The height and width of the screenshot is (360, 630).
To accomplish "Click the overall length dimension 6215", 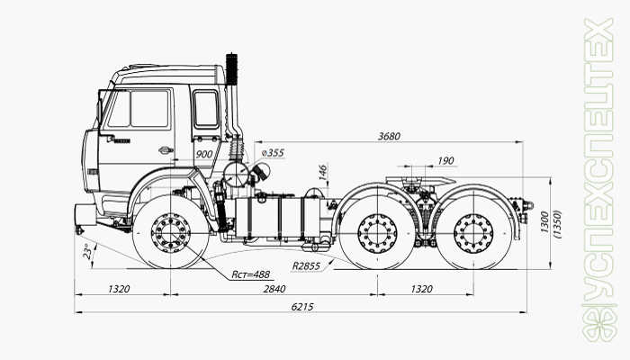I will [302, 307].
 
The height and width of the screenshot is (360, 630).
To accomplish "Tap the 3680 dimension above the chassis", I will [389, 136].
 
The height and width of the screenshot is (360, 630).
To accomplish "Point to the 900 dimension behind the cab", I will [203, 155].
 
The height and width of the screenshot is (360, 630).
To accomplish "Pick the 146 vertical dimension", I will [322, 174].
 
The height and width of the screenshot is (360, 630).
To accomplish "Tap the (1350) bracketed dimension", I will [558, 222].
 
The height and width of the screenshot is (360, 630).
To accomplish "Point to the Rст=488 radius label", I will [251, 274].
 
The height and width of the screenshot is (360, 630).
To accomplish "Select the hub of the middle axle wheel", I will [377, 235].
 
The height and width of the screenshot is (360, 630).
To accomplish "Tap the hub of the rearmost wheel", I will [473, 235].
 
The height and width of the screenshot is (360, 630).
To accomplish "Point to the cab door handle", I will [165, 150].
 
